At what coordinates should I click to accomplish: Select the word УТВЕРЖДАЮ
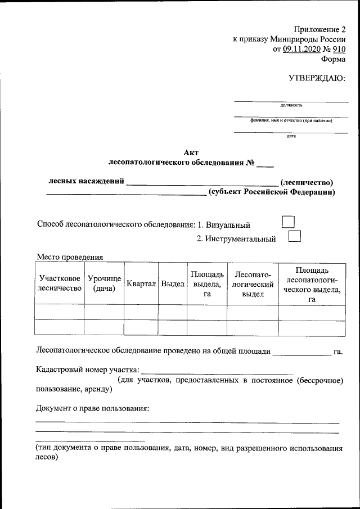(x=317, y=78)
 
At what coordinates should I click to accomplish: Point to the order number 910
(x=339, y=49)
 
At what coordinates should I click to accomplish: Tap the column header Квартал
(x=141, y=284)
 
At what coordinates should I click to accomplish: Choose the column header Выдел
(x=173, y=284)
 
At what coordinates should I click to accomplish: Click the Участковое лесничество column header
(x=59, y=283)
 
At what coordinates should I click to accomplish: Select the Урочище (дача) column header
(x=104, y=283)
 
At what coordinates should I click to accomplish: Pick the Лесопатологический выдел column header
(x=253, y=284)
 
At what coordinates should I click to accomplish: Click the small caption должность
(x=291, y=105)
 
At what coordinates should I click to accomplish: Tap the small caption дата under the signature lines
(x=291, y=136)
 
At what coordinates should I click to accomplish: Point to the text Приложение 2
(x=319, y=29)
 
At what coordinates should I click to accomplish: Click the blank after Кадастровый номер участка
(x=217, y=371)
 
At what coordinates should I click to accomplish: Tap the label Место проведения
(x=70, y=257)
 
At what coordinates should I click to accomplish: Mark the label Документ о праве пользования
(x=92, y=407)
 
